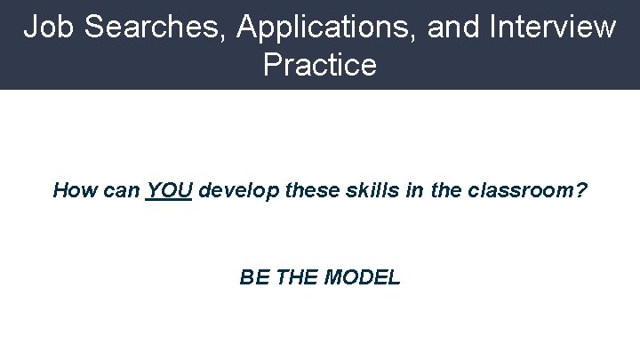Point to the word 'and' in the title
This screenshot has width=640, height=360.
click(452, 27)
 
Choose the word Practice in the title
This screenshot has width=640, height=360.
click(320, 65)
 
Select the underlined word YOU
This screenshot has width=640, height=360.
click(170, 190)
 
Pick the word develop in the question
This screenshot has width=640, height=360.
click(234, 191)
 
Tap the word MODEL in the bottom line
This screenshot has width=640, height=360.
click(363, 277)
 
